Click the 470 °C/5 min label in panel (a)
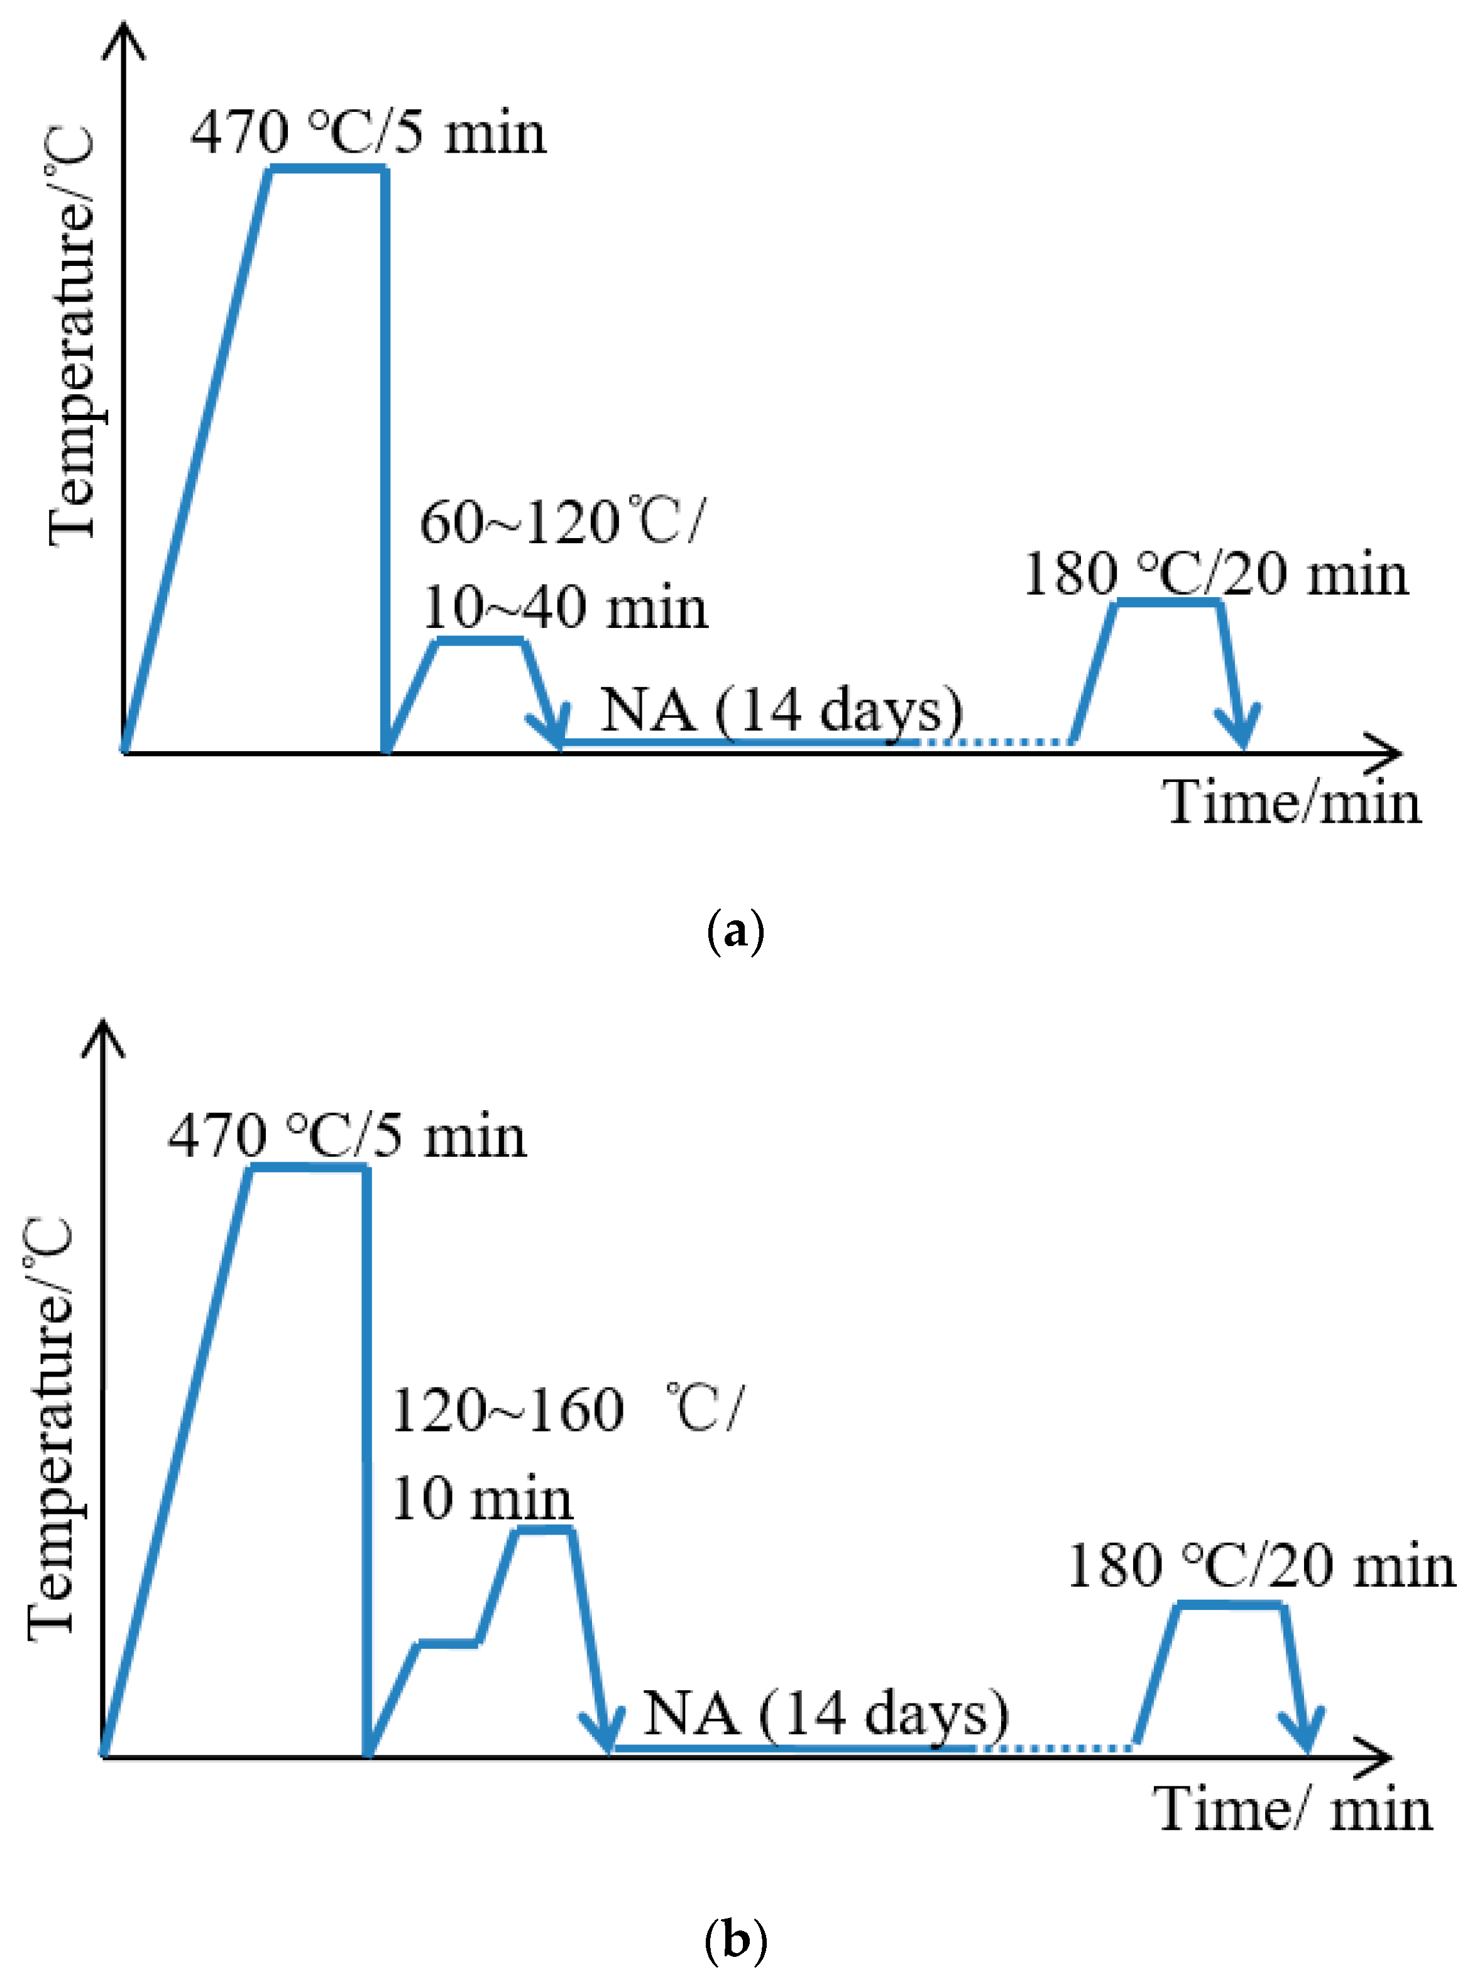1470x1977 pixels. click(368, 133)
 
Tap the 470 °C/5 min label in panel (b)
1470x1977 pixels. click(347, 1138)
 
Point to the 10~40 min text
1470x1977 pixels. click(565, 609)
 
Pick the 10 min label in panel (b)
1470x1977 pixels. click(481, 1499)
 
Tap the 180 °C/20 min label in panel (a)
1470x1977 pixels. click(1216, 574)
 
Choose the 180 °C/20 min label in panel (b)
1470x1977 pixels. click(1261, 1566)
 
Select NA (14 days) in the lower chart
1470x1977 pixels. click(825, 1714)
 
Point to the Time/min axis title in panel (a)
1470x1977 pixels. click(1292, 803)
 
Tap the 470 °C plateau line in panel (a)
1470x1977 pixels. click(327, 169)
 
